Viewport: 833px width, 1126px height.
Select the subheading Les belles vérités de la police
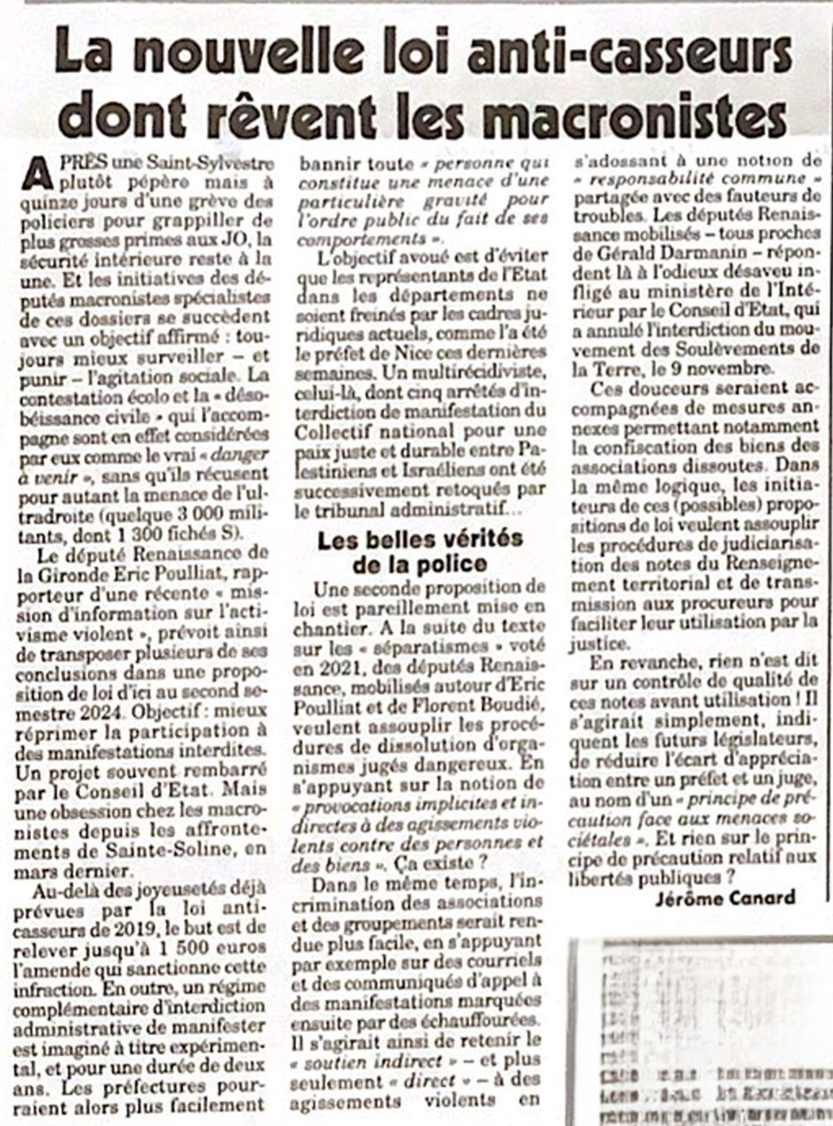click(420, 552)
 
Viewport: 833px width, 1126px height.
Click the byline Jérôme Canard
click(724, 898)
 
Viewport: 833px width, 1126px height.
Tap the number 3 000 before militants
click(201, 515)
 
